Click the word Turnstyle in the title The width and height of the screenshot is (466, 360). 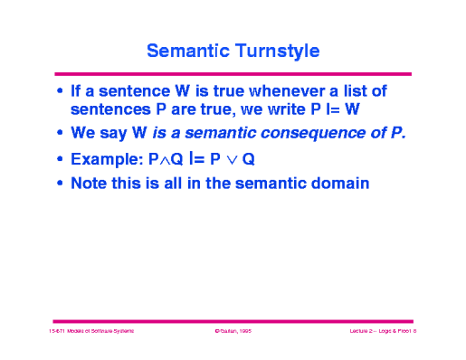[x=277, y=51]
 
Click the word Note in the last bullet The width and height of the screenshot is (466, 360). [x=90, y=184]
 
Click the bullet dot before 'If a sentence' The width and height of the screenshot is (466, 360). [x=60, y=91]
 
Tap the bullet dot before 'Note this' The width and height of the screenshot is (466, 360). [x=60, y=185]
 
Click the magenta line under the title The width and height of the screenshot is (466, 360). [x=233, y=73]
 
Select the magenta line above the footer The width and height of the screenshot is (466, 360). [x=233, y=320]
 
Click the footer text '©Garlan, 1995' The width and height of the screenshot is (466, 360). [x=233, y=333]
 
